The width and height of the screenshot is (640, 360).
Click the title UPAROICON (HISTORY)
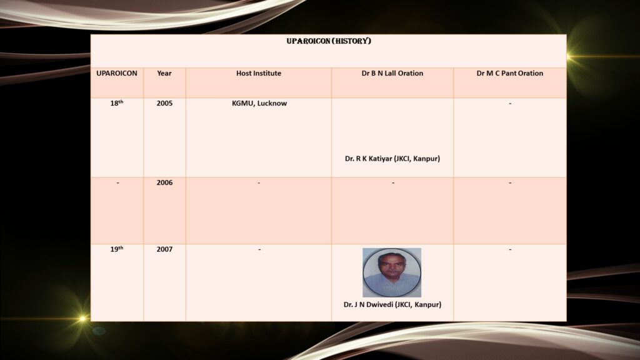click(x=329, y=41)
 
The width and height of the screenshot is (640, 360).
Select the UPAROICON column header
click(x=117, y=74)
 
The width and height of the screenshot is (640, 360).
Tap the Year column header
click(x=164, y=74)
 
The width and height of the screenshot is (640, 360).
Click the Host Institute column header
click(x=259, y=74)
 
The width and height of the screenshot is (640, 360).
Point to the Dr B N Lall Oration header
click(x=392, y=74)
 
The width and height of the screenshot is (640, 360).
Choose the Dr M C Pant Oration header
click(x=510, y=74)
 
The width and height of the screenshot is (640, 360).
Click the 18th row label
click(x=117, y=103)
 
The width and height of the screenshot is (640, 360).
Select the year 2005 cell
click(x=164, y=103)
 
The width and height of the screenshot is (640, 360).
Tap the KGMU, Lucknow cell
click(x=259, y=103)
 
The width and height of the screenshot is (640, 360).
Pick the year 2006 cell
click(x=164, y=182)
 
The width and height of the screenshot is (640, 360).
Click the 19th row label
click(x=117, y=249)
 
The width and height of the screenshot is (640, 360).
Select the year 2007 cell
click(x=164, y=249)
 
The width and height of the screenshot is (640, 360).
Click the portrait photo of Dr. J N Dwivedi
click(x=392, y=272)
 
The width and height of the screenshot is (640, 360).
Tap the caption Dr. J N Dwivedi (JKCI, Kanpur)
click(x=392, y=304)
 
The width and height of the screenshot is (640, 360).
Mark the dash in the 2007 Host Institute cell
click(x=259, y=249)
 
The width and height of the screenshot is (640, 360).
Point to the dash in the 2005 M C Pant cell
click(x=510, y=103)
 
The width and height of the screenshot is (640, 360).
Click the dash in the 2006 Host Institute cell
click(x=259, y=182)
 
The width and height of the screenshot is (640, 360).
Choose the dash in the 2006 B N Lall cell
click(x=393, y=182)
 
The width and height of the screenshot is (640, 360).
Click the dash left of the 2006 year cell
click(x=117, y=182)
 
